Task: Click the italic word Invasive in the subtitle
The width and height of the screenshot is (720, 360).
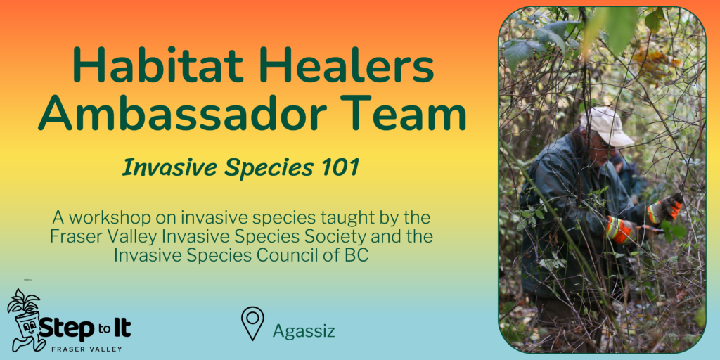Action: tap(169, 169)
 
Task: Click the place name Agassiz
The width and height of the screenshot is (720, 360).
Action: tap(304, 330)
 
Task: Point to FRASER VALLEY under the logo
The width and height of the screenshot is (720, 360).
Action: tap(87, 349)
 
